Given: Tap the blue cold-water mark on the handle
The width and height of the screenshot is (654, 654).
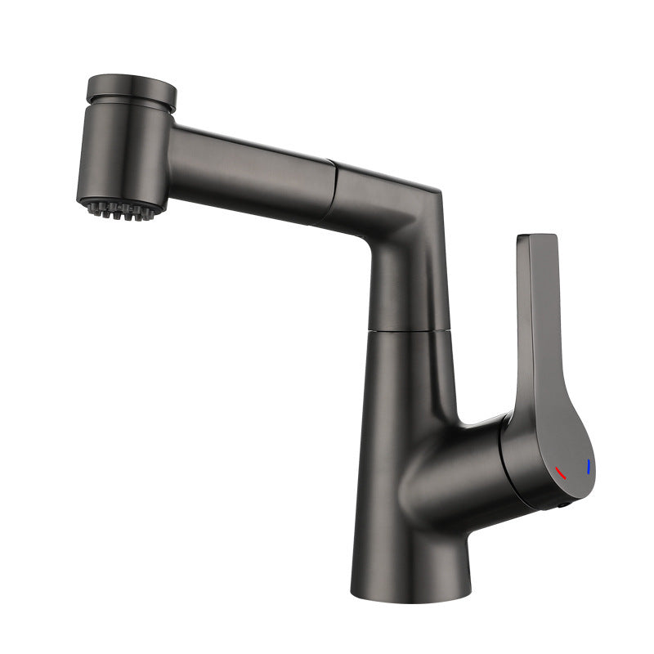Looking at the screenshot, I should [589, 468].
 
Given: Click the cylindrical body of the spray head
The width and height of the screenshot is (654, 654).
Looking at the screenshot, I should [123, 155].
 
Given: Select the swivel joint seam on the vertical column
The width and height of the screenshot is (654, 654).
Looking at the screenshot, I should [410, 330].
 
